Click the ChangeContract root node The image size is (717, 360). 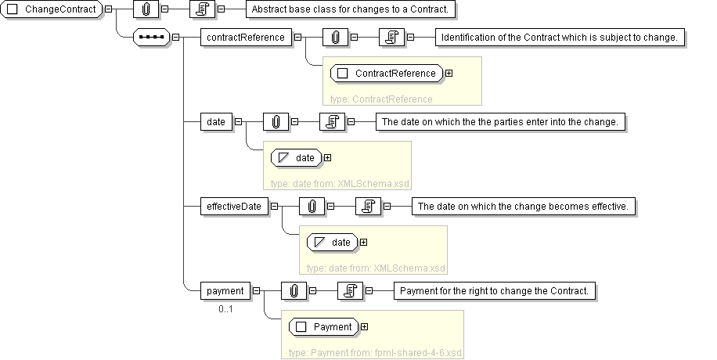coord(52,10)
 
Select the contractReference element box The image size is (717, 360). coord(245,37)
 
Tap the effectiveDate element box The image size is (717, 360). coord(234,207)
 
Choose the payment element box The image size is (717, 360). coord(225,291)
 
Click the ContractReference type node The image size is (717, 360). coord(387,74)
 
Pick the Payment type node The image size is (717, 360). coord(324,326)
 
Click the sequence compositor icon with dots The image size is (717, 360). coord(152,37)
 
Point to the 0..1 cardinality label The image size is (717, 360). coord(225,309)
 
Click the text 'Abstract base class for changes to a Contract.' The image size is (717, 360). coord(351,10)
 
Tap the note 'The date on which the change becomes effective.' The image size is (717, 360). coord(522,207)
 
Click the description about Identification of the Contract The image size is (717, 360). coord(559,37)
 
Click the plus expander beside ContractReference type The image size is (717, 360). coord(449,74)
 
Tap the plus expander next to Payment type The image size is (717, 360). coord(364,326)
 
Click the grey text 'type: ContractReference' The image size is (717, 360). coord(381,99)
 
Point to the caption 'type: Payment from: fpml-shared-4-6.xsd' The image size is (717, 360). coord(376,352)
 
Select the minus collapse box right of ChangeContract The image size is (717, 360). coord(107,10)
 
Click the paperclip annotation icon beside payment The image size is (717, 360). coord(294,291)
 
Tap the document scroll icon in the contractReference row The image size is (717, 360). coord(389,37)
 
